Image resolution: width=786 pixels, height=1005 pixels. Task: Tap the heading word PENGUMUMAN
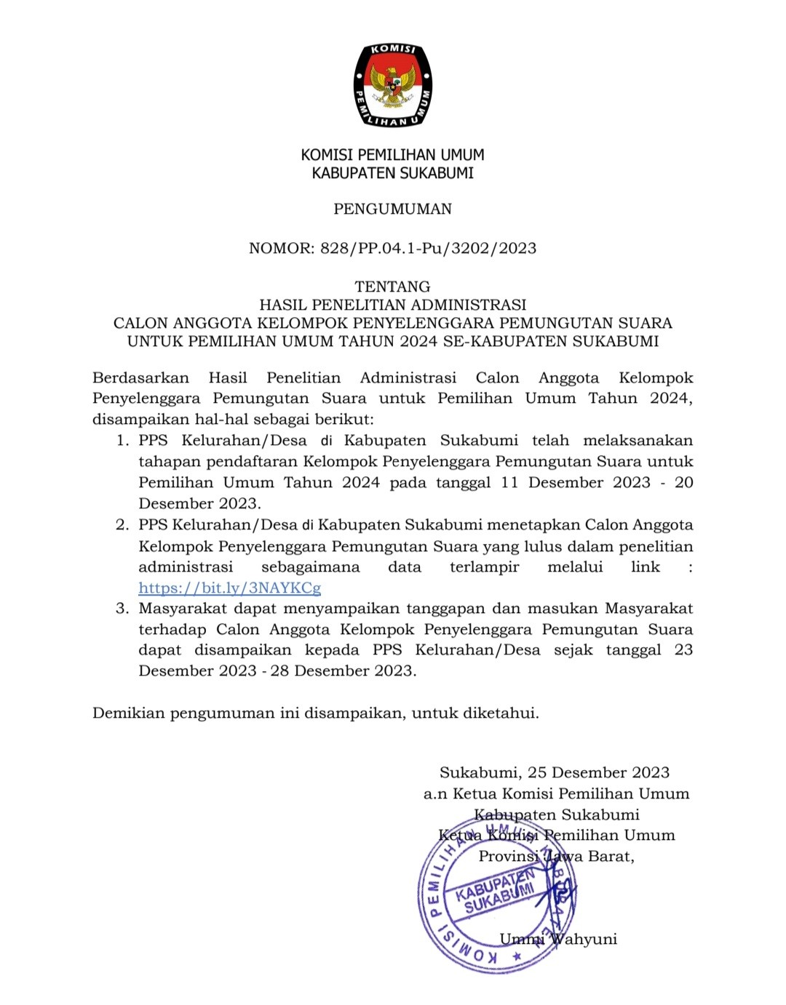point(393,209)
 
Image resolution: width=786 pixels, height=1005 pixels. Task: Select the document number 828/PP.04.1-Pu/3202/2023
point(428,249)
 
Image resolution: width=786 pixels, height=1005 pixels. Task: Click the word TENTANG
point(393,287)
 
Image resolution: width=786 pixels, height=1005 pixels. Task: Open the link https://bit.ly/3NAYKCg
point(230,588)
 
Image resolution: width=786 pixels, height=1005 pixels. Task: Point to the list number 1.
point(122,441)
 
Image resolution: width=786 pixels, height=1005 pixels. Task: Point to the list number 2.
point(122,525)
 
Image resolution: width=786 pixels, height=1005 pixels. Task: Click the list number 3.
point(122,609)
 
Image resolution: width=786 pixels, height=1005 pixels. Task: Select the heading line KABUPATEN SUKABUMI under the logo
point(393,173)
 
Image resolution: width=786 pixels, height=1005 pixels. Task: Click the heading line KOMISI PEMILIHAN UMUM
point(393,155)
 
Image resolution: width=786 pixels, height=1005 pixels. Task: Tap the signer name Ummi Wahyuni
point(558,939)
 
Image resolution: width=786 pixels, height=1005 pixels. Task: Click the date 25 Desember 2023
point(598,772)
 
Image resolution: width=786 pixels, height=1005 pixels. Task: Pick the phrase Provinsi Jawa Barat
point(556,857)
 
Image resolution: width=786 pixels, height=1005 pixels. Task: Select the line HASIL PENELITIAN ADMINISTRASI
point(393,305)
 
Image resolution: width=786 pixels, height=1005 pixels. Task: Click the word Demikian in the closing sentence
point(129,713)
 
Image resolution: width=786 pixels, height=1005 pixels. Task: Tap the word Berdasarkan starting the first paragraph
point(140,378)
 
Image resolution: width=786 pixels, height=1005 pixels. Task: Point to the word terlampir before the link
point(484,567)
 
